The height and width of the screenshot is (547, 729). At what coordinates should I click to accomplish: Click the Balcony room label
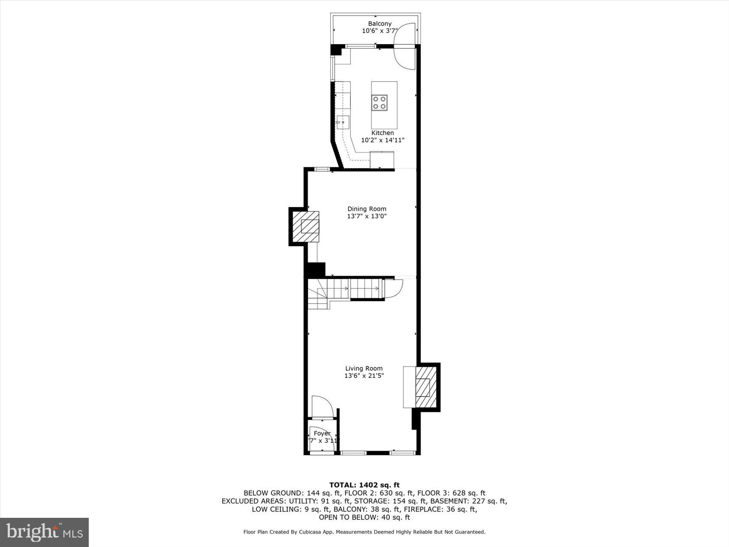pyautogui.click(x=380, y=24)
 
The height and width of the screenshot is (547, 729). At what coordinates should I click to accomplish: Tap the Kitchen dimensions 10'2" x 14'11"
pyautogui.click(x=383, y=140)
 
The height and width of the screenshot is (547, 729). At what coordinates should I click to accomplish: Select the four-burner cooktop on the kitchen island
pyautogui.click(x=380, y=103)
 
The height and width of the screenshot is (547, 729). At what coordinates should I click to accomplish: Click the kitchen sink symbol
pyautogui.click(x=343, y=122)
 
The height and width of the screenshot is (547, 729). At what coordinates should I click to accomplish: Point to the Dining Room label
pyautogui.click(x=367, y=209)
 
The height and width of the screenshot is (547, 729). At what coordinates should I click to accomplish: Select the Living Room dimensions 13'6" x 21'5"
pyautogui.click(x=364, y=376)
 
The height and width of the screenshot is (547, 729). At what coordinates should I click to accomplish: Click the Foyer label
pyautogui.click(x=322, y=433)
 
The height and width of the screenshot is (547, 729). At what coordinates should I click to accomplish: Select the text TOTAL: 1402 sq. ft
pyautogui.click(x=364, y=485)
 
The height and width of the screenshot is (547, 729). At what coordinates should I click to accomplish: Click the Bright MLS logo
pyautogui.click(x=45, y=532)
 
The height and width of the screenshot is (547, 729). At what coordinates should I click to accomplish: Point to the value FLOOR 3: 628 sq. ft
pyautogui.click(x=451, y=493)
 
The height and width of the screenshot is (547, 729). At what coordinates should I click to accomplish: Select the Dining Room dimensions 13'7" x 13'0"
pyautogui.click(x=367, y=216)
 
